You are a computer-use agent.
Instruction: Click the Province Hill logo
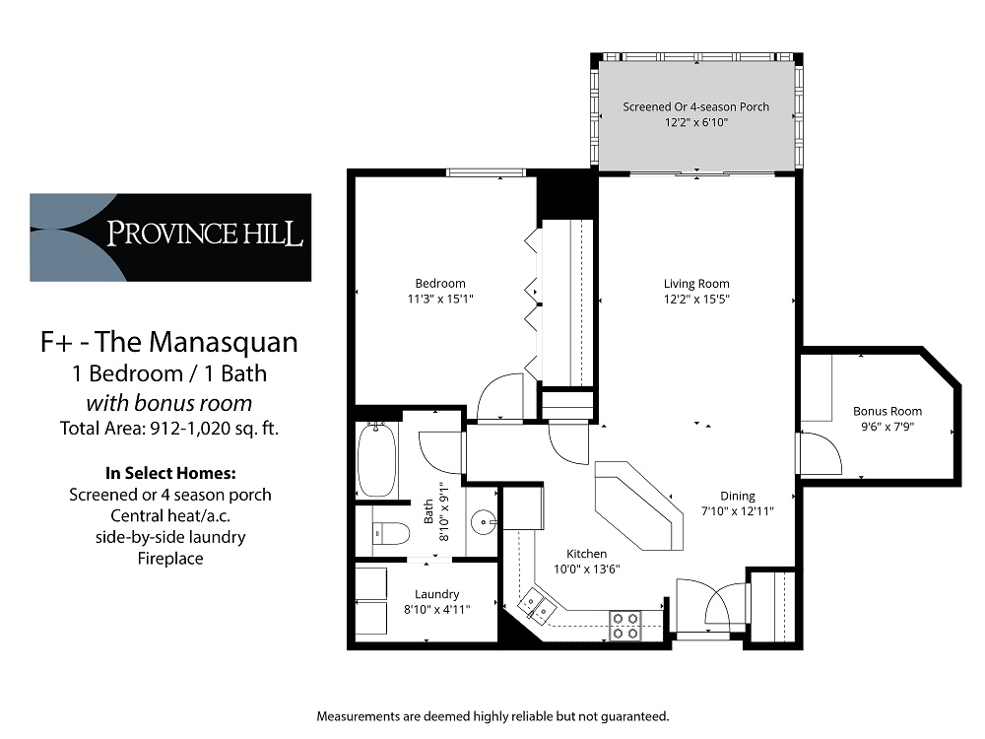pyautogui.click(x=170, y=236)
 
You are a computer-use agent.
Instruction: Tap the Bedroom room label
pyautogui.click(x=440, y=284)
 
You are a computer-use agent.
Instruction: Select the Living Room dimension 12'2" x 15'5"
pyautogui.click(x=695, y=299)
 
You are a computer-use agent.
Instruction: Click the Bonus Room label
pyautogui.click(x=887, y=411)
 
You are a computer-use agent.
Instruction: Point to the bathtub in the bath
pyautogui.click(x=376, y=460)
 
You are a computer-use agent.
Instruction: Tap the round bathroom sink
pyautogui.click(x=483, y=520)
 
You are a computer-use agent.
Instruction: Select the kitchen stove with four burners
pyautogui.click(x=625, y=624)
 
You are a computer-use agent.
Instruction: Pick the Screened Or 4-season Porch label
pyautogui.click(x=695, y=106)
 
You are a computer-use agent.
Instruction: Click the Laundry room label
pyautogui.click(x=436, y=594)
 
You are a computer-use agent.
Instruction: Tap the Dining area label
pyautogui.click(x=737, y=496)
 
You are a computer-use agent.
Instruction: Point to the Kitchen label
pyautogui.click(x=586, y=554)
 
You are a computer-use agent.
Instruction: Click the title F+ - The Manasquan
pyautogui.click(x=168, y=342)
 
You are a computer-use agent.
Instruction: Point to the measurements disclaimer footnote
pyautogui.click(x=492, y=715)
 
